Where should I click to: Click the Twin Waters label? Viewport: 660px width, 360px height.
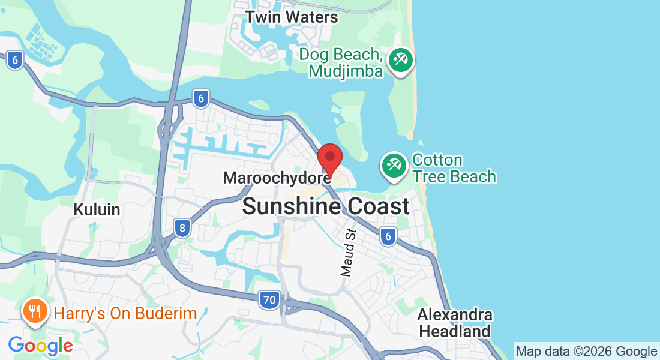tap(292, 17)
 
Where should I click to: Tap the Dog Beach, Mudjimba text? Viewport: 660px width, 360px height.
tap(341, 63)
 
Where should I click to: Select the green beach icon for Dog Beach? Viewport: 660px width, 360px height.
tap(399, 61)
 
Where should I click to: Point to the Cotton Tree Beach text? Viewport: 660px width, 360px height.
tap(454, 169)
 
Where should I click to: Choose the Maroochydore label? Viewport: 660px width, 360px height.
tap(277, 178)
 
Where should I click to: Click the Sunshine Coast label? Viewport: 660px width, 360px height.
tap(326, 206)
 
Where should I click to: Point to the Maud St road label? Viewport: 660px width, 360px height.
tap(348, 252)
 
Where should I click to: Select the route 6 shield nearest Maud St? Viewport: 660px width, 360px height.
tap(388, 237)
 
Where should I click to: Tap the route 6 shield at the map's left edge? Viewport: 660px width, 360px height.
tap(16, 59)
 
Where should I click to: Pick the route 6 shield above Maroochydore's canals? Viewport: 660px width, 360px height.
tap(201, 98)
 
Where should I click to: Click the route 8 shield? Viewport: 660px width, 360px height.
tap(182, 227)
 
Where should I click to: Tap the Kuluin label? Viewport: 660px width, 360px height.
tap(97, 210)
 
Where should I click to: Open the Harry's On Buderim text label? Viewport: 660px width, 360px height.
tap(125, 313)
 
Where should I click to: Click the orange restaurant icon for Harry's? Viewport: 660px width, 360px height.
tap(35, 311)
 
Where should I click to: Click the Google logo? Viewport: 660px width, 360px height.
tap(40, 346)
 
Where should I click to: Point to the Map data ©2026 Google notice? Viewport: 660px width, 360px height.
tap(586, 352)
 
